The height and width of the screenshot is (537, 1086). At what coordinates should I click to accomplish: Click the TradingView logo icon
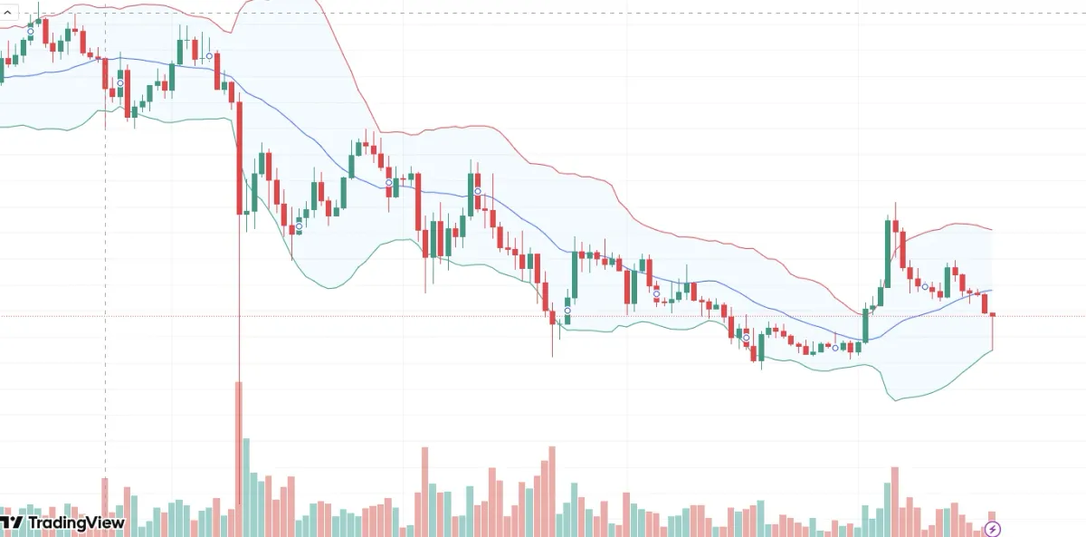11,523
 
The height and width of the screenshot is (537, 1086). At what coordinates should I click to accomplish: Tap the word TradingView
76,523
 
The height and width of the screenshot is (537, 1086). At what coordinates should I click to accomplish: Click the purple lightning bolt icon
993,529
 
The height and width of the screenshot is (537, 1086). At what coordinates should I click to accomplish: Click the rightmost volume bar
992,523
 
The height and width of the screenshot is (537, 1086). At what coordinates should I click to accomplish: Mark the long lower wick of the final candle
993,333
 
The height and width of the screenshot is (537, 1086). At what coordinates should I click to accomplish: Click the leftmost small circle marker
30,32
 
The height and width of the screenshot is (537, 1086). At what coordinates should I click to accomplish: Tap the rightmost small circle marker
925,287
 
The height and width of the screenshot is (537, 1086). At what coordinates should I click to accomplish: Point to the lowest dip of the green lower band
896,399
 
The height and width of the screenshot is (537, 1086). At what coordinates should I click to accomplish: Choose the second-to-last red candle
986,302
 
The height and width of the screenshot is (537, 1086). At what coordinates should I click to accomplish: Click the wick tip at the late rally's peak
895,204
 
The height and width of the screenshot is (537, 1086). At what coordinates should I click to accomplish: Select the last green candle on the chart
948,280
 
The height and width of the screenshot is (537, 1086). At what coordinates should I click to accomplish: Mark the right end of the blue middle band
992,291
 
